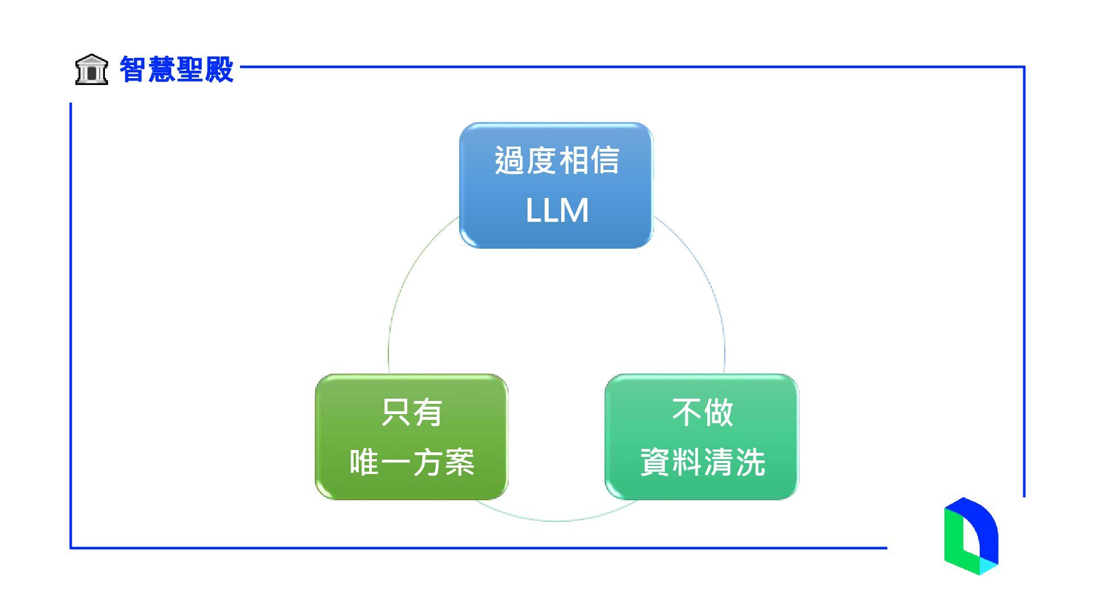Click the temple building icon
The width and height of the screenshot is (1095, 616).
[x=91, y=70]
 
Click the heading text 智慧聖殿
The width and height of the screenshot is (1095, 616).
[x=176, y=70]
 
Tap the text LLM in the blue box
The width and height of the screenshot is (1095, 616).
[x=557, y=210]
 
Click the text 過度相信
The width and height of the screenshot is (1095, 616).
[x=557, y=160]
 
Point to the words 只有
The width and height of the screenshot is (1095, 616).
[x=411, y=412]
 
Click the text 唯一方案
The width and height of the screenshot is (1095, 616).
[x=411, y=462]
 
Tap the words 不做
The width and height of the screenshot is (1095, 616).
[x=702, y=412]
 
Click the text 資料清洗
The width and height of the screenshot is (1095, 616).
[x=702, y=462]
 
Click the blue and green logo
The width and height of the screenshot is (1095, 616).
[x=971, y=536]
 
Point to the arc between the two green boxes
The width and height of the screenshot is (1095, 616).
[x=556, y=520]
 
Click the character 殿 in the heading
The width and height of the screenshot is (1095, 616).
[x=220, y=70]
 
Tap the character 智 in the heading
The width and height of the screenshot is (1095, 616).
[x=133, y=70]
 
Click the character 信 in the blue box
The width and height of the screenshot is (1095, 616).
[x=605, y=160]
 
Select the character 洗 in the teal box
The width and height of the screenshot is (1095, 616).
[x=749, y=462]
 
